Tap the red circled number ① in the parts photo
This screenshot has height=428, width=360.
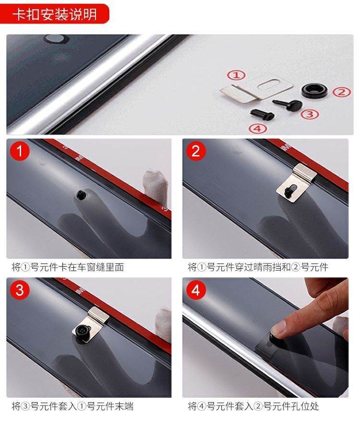(236, 75)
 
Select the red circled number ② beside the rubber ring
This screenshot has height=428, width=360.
(341, 92)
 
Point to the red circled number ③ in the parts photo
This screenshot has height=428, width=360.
(310, 114)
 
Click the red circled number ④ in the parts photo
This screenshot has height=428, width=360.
(258, 128)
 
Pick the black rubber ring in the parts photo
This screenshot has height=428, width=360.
(314, 90)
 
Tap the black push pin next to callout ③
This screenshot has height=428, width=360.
(288, 104)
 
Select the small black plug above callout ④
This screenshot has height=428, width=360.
(262, 114)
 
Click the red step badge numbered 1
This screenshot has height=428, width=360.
(20, 151)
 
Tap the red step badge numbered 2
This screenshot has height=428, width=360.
(195, 151)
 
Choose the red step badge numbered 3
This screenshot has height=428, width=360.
(20, 290)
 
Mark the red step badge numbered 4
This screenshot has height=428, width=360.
(195, 290)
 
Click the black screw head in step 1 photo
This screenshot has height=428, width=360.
(82, 194)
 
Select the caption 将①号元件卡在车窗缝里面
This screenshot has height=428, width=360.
(68, 267)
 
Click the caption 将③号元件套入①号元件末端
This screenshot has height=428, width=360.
(72, 406)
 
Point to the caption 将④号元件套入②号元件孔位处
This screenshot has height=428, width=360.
(253, 406)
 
